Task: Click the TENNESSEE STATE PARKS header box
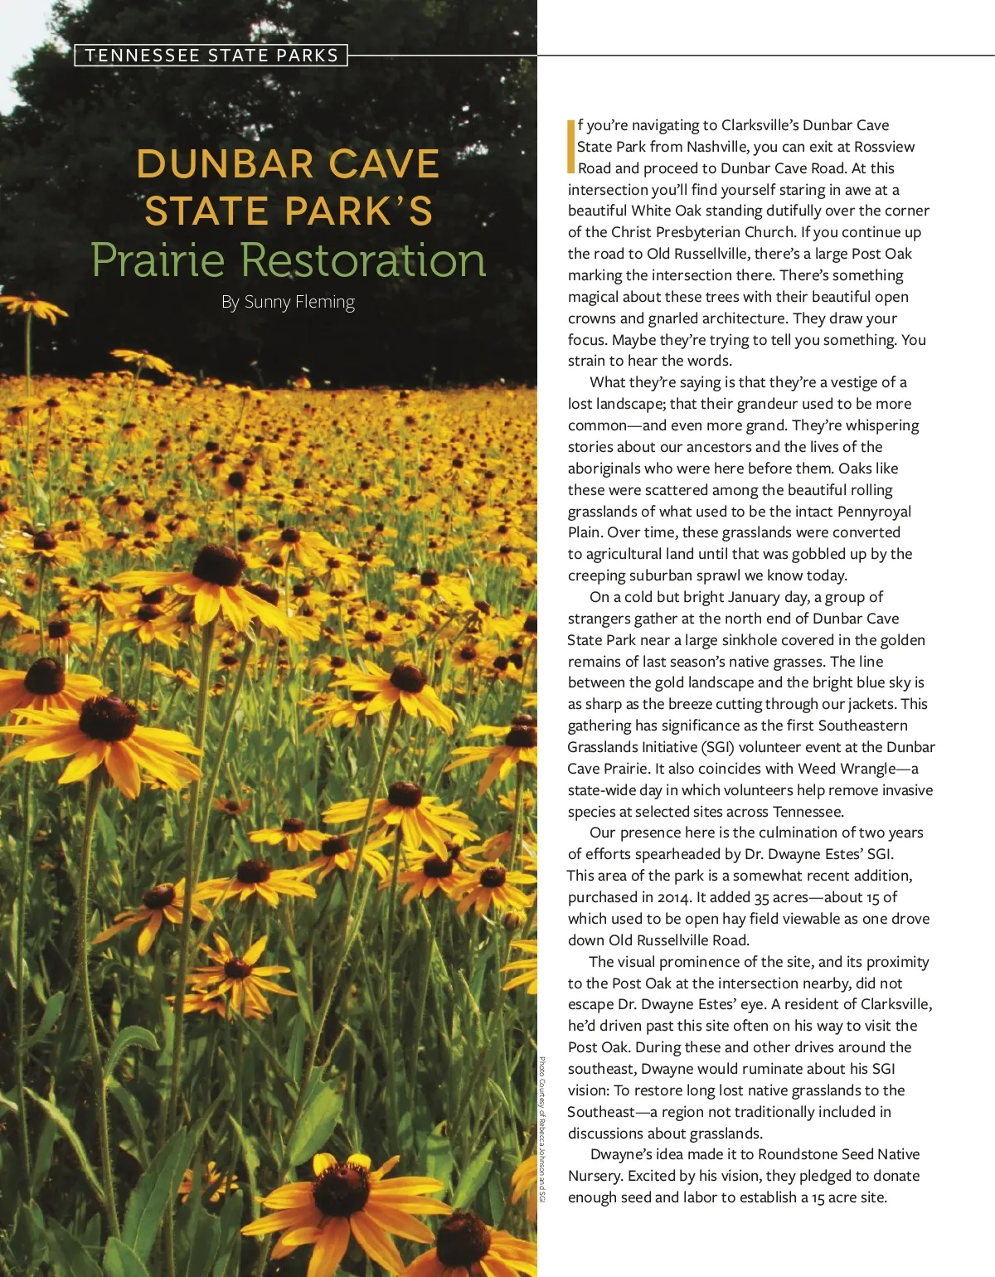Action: pyautogui.click(x=211, y=56)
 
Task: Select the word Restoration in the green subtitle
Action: pyautogui.click(x=363, y=260)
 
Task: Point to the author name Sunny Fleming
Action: pyautogui.click(x=299, y=302)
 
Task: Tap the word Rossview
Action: pyautogui.click(x=883, y=147)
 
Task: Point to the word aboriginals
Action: pyautogui.click(x=608, y=469)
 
